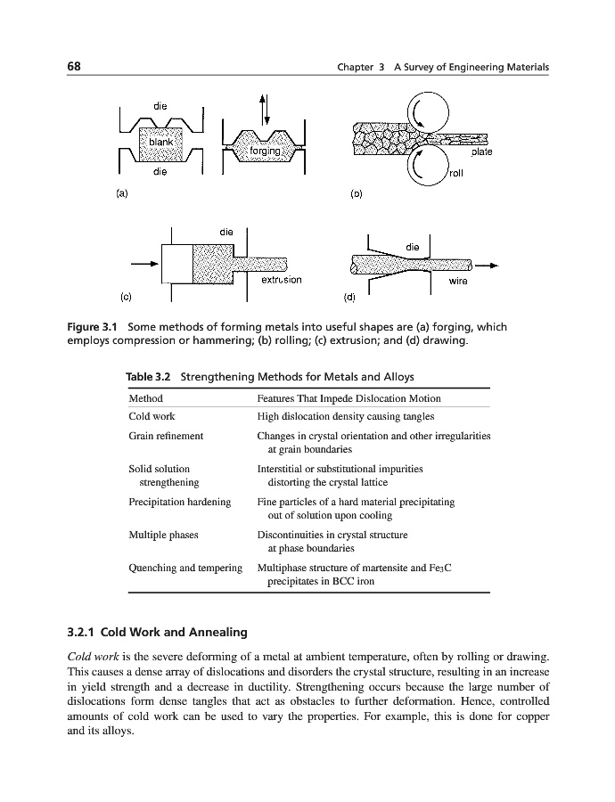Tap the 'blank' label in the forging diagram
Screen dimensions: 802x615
[160, 143]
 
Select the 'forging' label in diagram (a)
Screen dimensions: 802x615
[266, 151]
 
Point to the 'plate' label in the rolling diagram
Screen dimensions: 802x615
[482, 152]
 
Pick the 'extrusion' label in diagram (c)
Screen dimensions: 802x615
[281, 280]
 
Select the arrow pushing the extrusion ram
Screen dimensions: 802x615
[144, 264]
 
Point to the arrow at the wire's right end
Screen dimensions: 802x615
[488, 265]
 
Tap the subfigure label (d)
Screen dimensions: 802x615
[349, 295]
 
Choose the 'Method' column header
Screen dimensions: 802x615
[146, 398]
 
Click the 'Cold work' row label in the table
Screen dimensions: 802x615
[152, 416]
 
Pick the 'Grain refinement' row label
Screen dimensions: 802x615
[167, 436]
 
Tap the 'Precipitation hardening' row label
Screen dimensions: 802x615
[180, 502]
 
